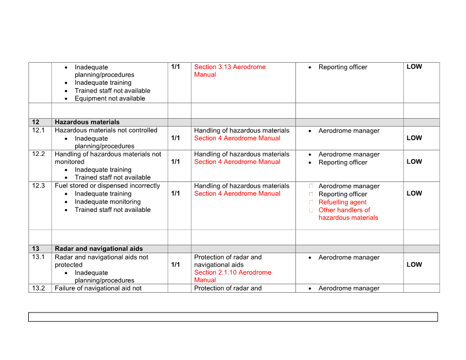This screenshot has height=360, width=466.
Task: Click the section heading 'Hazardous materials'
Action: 87,122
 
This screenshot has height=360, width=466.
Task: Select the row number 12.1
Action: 38,131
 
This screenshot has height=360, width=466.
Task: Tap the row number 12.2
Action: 38,154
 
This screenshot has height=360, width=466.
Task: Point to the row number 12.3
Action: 38,186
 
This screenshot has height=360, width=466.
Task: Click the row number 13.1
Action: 38,257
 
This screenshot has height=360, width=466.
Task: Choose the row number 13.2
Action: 38,288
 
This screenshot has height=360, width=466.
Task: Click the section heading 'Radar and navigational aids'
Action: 99,249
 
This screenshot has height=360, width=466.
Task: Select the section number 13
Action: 36,249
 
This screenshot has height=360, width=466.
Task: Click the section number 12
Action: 36,122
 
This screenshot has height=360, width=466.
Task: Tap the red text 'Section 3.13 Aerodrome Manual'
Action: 230,71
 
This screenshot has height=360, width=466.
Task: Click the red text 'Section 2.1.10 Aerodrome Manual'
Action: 232,276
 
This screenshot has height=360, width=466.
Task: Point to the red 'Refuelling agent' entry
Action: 342,202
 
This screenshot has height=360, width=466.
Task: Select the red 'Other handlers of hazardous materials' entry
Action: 348,214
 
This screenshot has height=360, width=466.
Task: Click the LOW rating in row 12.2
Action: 414,162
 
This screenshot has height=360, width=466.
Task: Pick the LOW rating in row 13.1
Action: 414,264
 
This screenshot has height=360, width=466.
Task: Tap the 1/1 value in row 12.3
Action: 176,193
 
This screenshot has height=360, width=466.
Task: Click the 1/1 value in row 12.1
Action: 176,138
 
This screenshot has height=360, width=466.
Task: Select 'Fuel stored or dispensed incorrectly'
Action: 107,186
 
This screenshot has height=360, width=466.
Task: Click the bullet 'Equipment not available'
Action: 110,98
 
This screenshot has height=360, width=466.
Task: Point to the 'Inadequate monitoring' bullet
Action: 107,202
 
